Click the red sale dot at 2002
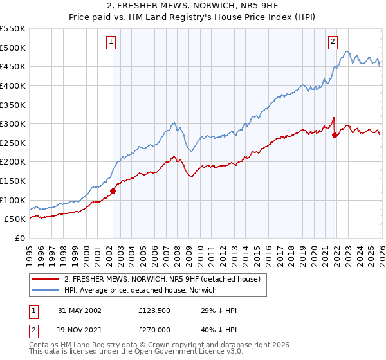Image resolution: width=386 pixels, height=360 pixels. pyautogui.click(x=113, y=191)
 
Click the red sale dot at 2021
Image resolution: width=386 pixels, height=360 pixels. pyautogui.click(x=335, y=135)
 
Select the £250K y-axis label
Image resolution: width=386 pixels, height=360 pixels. pyautogui.click(x=13, y=143)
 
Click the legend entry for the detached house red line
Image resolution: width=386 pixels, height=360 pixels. pyautogui.click(x=162, y=280)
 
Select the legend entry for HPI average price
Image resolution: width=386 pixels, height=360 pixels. pyautogui.click(x=141, y=291)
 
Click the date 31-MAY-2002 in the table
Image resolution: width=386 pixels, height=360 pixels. pyautogui.click(x=78, y=310)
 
